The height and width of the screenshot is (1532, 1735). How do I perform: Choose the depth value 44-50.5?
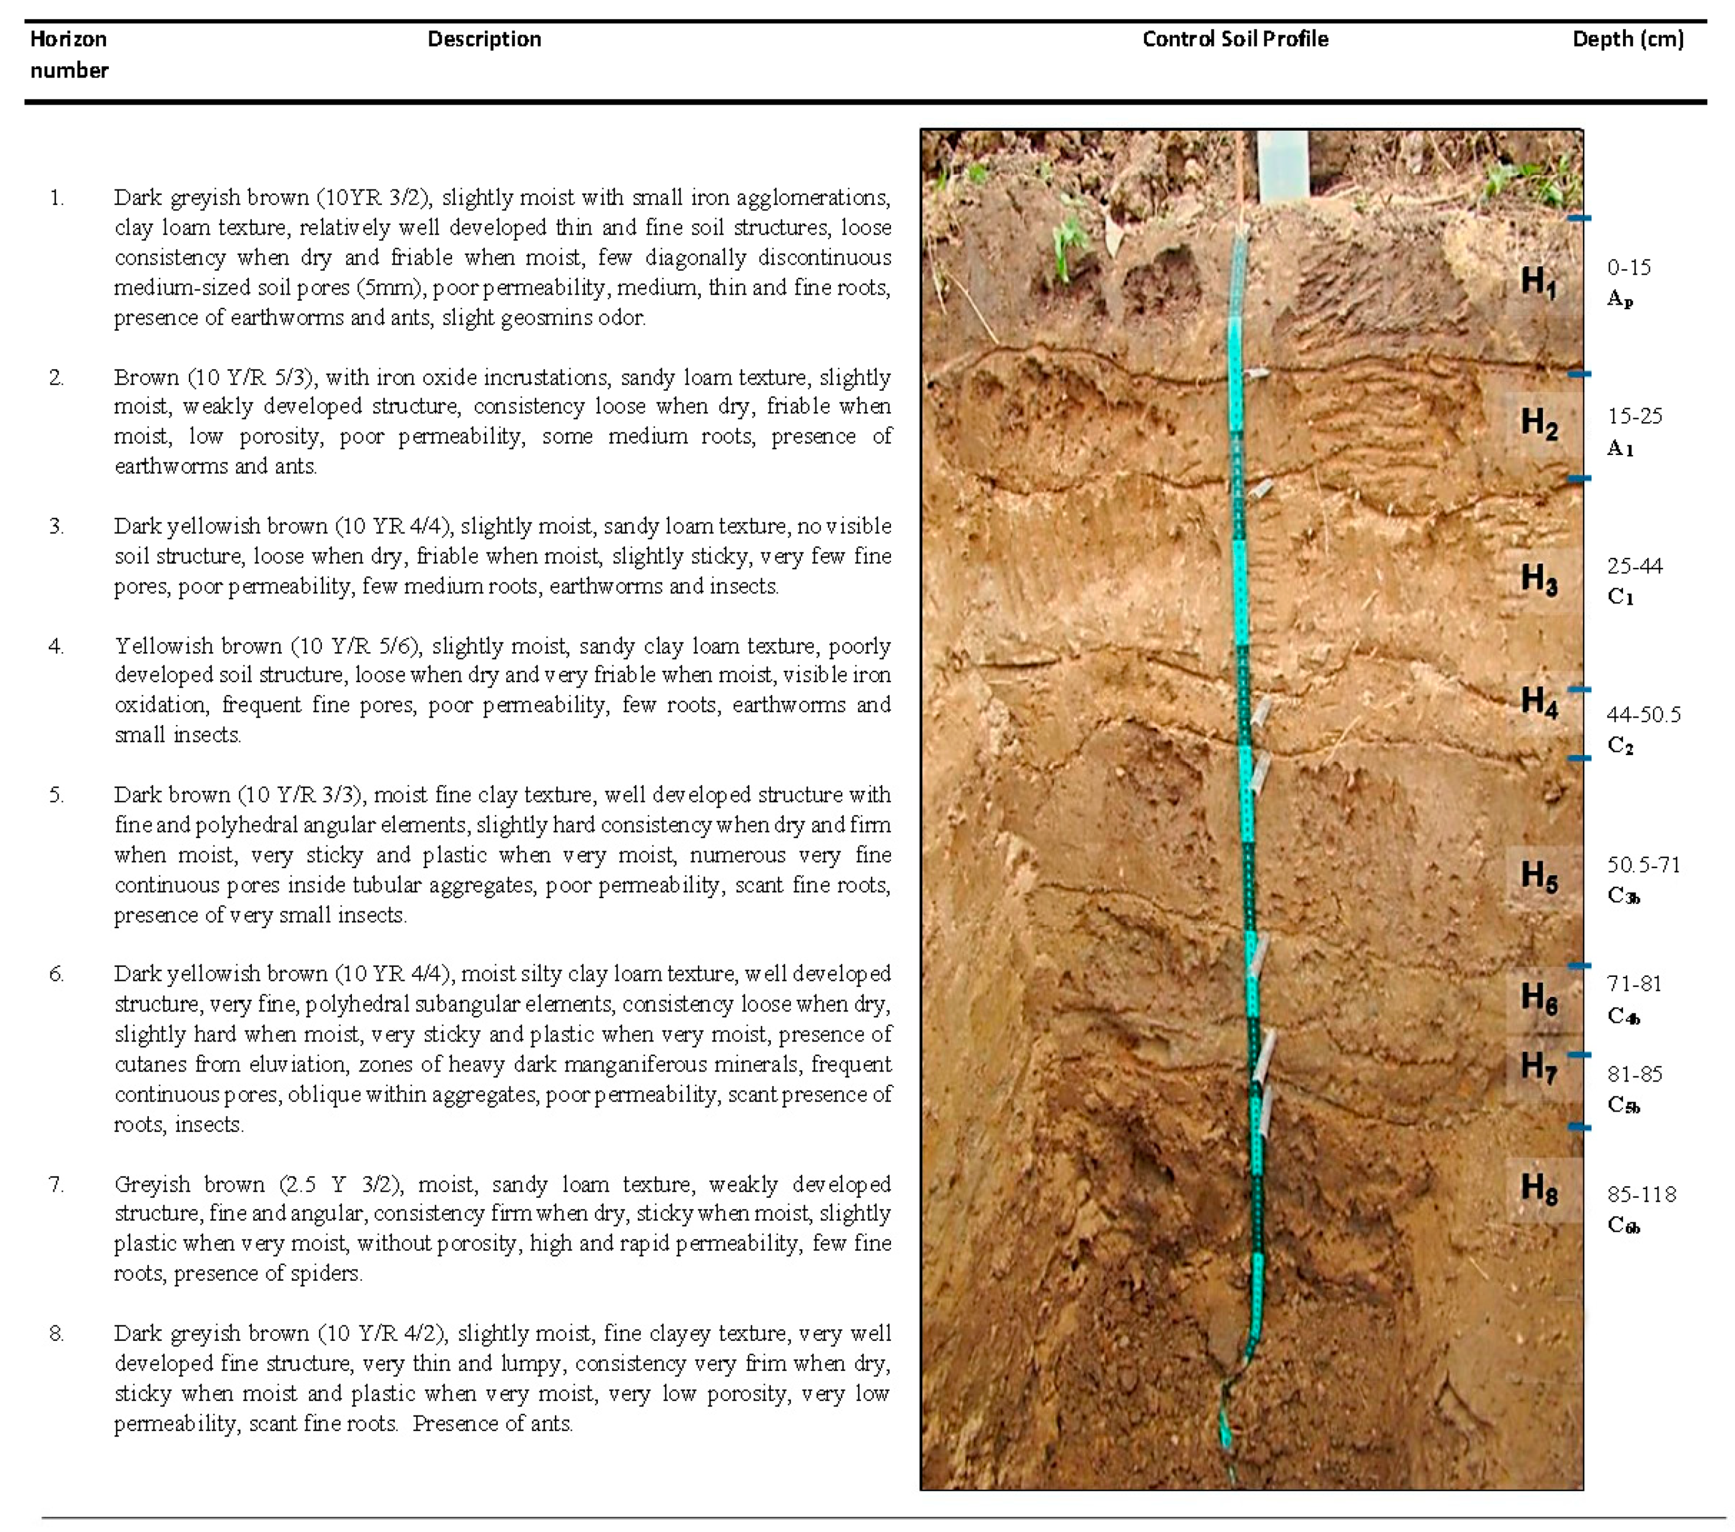point(1643,714)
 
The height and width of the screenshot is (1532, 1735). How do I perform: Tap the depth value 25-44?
point(1634,565)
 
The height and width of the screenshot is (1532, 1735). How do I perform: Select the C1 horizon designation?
point(1619,596)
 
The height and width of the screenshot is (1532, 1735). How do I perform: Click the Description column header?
point(484,39)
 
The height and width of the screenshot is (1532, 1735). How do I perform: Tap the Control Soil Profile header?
point(1235,39)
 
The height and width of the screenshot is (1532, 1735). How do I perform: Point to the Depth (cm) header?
point(1627,39)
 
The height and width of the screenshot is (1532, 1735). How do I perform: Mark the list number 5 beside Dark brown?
point(56,795)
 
